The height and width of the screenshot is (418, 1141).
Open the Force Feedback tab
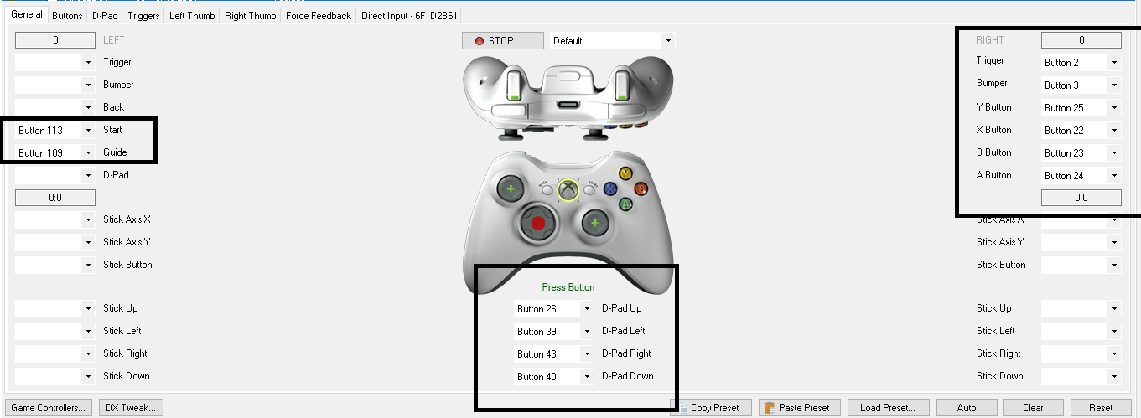pos(319,16)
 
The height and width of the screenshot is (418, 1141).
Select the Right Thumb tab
pos(250,16)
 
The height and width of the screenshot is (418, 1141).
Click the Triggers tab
pos(143,16)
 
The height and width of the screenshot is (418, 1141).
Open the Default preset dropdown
pos(612,40)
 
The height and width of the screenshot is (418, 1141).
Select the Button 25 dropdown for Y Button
pos(1081,107)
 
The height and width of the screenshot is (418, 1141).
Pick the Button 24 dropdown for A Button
pos(1081,175)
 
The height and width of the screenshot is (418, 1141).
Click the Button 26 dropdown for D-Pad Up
pos(553,308)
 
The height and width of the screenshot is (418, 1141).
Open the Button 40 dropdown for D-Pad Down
pos(553,376)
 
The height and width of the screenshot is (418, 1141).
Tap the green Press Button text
pos(568,287)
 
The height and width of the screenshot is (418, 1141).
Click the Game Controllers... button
pos(49,408)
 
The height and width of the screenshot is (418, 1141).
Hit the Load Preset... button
pos(887,408)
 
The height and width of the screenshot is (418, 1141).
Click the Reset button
pos(1101,408)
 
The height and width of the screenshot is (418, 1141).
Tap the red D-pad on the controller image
pos(537,223)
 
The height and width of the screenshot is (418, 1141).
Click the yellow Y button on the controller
pos(625,173)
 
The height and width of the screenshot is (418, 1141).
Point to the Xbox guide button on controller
pos(568,189)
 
